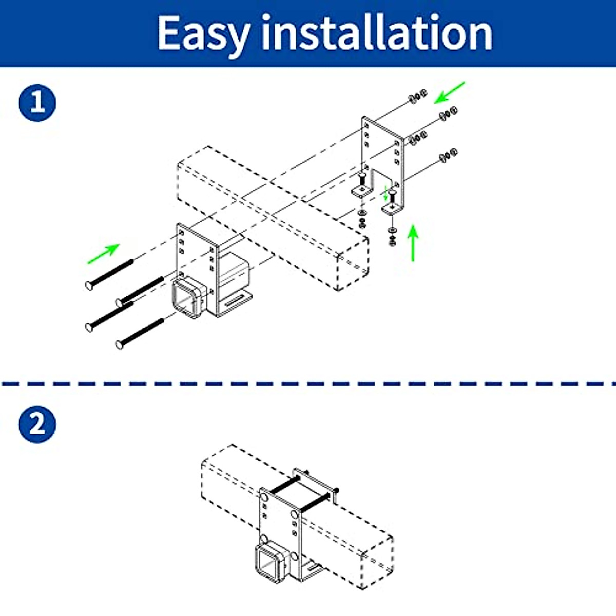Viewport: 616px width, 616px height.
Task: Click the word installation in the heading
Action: click(377, 33)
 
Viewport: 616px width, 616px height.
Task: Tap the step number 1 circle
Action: click(37, 103)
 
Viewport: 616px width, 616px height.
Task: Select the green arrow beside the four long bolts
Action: click(104, 254)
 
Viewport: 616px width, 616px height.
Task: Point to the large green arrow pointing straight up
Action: click(413, 243)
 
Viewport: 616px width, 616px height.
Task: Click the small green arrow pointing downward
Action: click(387, 194)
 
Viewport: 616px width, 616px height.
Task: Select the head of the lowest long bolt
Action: click(120, 344)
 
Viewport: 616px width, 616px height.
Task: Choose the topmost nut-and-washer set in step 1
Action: click(417, 95)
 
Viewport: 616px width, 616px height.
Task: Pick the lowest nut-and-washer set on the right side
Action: click(449, 154)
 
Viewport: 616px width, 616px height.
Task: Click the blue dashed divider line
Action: click(308, 383)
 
